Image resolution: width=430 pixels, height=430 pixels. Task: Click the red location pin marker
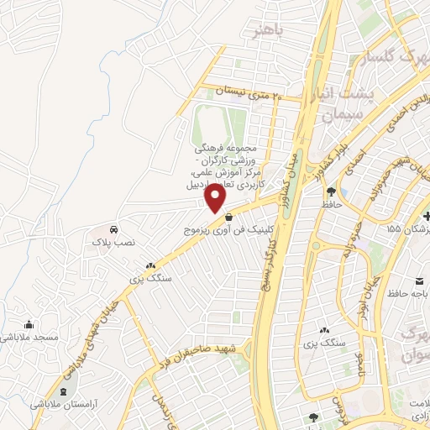(x=216, y=197)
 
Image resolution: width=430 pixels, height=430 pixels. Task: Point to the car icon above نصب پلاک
(x=113, y=229)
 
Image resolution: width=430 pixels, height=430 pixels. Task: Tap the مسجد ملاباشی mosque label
(x=29, y=337)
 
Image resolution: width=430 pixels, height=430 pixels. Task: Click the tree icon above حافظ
(x=333, y=191)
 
